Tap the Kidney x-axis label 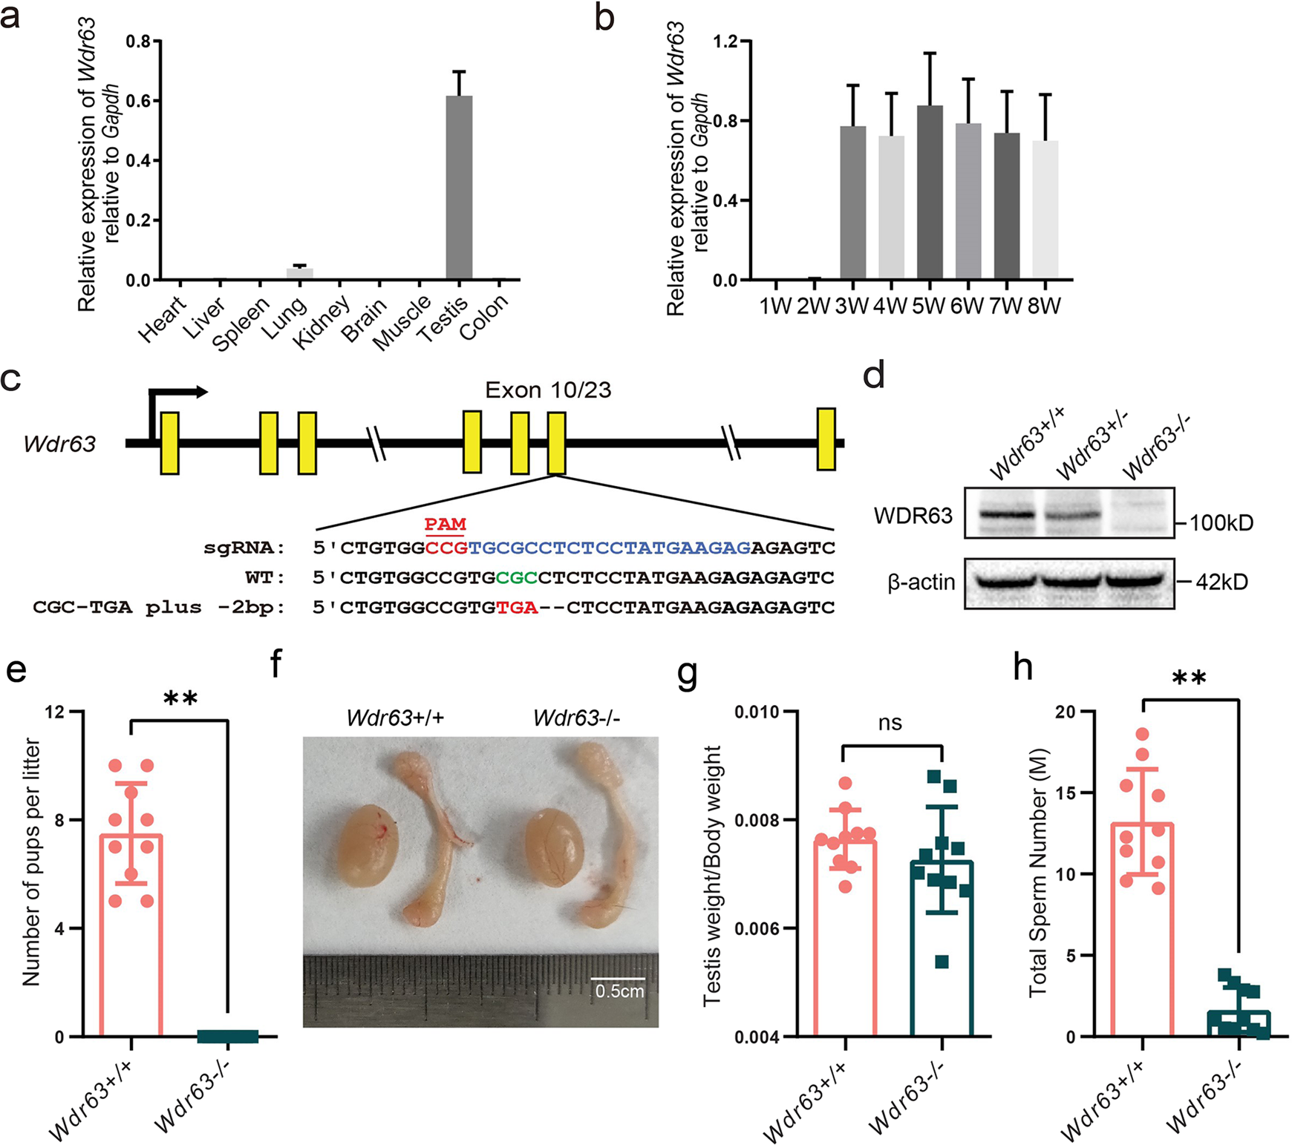(322, 324)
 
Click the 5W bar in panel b (930, 193)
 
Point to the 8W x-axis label (1044, 306)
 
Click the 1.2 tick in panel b (726, 42)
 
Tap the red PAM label (445, 525)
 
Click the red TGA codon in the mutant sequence (517, 608)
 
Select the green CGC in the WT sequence (517, 577)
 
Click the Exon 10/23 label (548, 390)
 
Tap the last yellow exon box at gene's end (826, 439)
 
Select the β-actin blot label (921, 583)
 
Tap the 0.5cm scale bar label (619, 991)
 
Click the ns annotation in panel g (890, 723)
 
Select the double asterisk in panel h (1189, 678)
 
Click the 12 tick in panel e (55, 712)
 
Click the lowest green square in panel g (942, 962)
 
